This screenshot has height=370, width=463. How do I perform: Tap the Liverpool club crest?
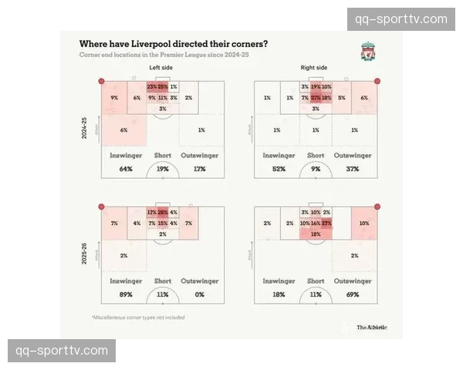[369, 52]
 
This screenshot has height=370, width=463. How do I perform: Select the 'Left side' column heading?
[161, 69]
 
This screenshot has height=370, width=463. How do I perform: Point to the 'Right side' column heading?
[313, 69]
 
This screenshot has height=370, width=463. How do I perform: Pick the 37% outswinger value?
[353, 169]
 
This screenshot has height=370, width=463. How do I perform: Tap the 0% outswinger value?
[200, 294]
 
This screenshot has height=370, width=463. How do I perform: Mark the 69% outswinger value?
[353, 294]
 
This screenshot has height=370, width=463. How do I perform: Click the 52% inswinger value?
[278, 169]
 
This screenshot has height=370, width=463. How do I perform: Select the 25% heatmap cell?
[163, 87]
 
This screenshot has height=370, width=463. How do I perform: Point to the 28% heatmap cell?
[163, 212]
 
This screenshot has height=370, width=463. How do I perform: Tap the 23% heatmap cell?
[152, 87]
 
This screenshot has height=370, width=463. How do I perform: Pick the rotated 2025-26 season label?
[85, 253]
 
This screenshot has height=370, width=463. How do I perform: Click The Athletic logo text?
[372, 328]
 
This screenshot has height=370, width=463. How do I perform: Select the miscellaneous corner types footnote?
[138, 317]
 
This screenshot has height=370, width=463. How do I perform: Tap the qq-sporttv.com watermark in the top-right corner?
[401, 19]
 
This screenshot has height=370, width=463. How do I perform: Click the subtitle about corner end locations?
[164, 55]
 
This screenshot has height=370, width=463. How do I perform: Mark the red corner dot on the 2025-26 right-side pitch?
[377, 206]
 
